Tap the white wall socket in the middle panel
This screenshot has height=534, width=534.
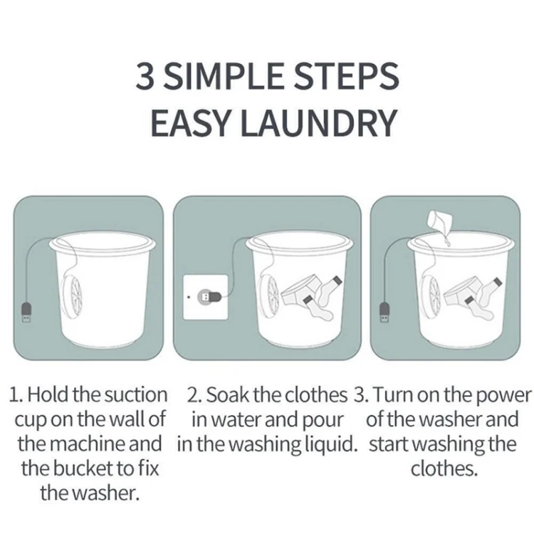[x=204, y=294]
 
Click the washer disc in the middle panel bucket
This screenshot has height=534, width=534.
[x=271, y=294]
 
